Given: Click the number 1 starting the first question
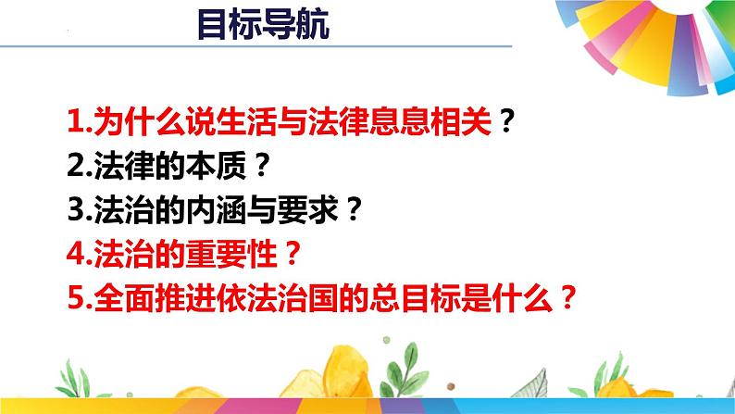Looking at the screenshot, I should [76, 121].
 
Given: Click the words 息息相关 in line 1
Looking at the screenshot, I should [434, 120].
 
